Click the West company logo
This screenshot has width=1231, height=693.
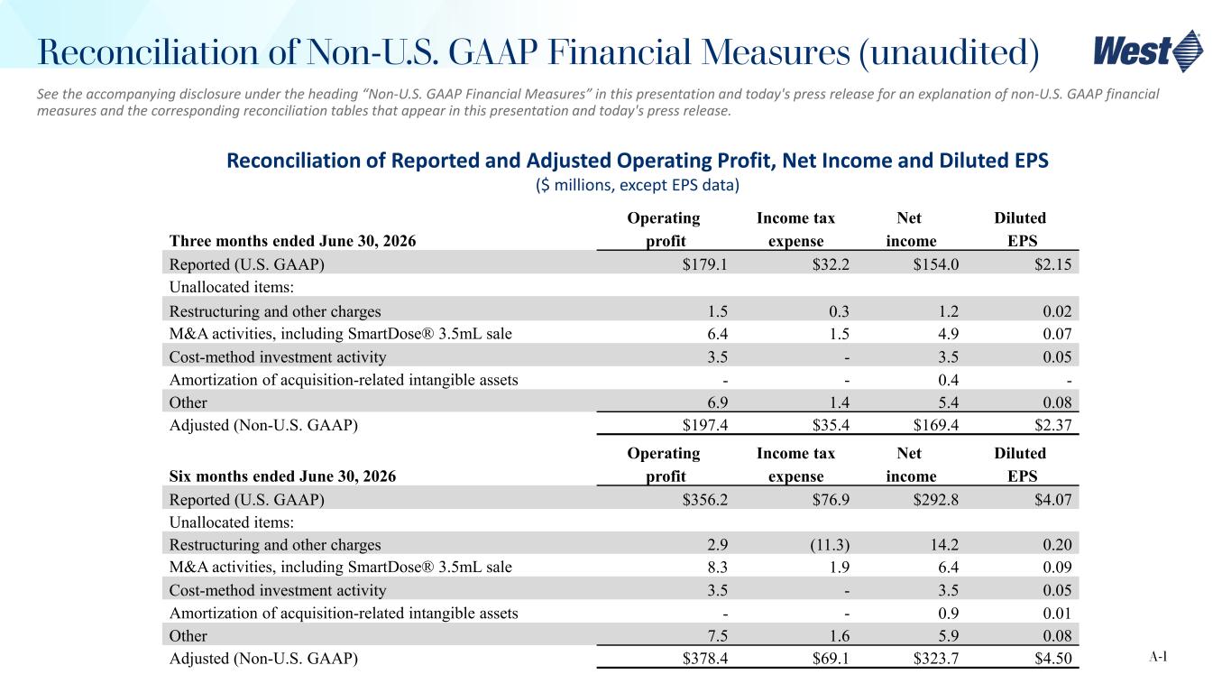pos(1148,51)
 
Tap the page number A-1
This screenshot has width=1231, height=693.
pos(1158,656)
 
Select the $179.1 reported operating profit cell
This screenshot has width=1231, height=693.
pos(704,264)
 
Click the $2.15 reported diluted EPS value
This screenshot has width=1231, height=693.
pos(1053,264)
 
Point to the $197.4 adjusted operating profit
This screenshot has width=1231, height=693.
pos(704,425)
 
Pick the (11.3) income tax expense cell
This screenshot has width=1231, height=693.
pos(830,544)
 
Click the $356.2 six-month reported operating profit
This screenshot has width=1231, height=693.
pos(704,499)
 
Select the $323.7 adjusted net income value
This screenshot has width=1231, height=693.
pos(936,659)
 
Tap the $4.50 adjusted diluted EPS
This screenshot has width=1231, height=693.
pos(1053,659)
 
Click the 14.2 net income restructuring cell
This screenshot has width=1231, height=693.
pos(944,544)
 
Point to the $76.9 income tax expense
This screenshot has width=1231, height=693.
pos(831,499)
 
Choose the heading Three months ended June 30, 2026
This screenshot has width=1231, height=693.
pos(292,241)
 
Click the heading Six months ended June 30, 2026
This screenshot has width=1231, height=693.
pos(282,476)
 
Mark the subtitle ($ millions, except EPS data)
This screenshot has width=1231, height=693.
pos(638,185)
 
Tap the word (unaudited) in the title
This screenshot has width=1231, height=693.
pos(949,53)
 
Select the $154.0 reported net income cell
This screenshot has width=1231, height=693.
pos(936,264)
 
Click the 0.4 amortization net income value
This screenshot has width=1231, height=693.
pos(948,380)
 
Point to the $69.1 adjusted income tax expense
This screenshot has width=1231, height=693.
pos(831,659)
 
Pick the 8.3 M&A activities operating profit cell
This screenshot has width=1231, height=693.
pos(717,567)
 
